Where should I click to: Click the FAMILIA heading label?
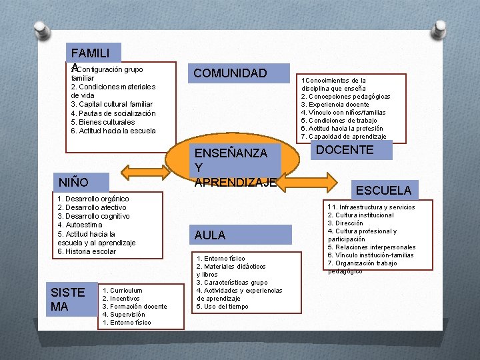point(93,54)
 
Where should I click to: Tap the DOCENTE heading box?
point(345,150)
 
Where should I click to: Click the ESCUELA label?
point(383,190)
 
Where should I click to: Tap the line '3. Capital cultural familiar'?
point(111,104)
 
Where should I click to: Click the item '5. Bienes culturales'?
point(103,122)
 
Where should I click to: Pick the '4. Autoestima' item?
point(80,225)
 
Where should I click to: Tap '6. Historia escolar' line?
point(87,251)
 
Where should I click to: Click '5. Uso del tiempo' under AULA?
point(222,307)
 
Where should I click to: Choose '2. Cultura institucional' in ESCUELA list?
point(361,215)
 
